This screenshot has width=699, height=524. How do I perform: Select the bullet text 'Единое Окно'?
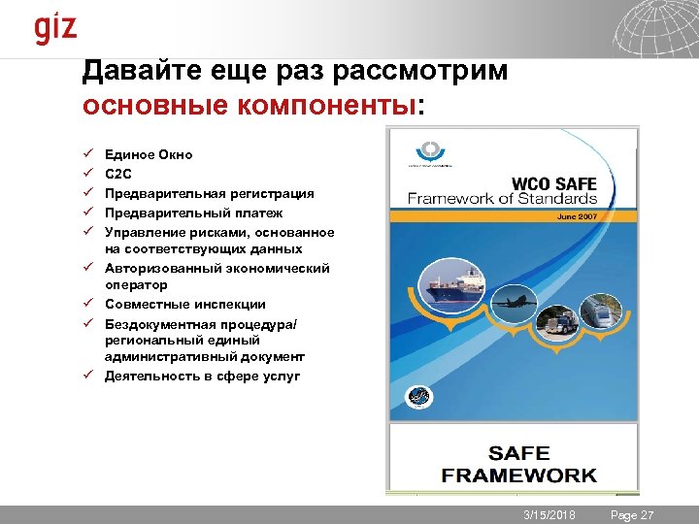point(149,154)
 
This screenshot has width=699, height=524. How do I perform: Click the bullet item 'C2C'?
point(117,174)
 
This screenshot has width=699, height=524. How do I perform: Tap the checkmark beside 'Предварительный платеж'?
point(87,212)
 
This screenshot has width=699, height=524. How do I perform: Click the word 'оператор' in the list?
point(136,285)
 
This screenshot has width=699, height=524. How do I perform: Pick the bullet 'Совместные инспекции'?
point(184,304)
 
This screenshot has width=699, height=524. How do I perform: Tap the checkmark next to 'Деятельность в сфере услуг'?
point(87,375)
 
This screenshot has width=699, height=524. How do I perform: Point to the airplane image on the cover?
point(516,302)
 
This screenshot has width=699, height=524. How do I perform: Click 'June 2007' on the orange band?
point(577,216)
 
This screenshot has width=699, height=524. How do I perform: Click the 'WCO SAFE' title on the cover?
point(553,181)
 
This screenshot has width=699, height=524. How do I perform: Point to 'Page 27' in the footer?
point(632,514)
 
